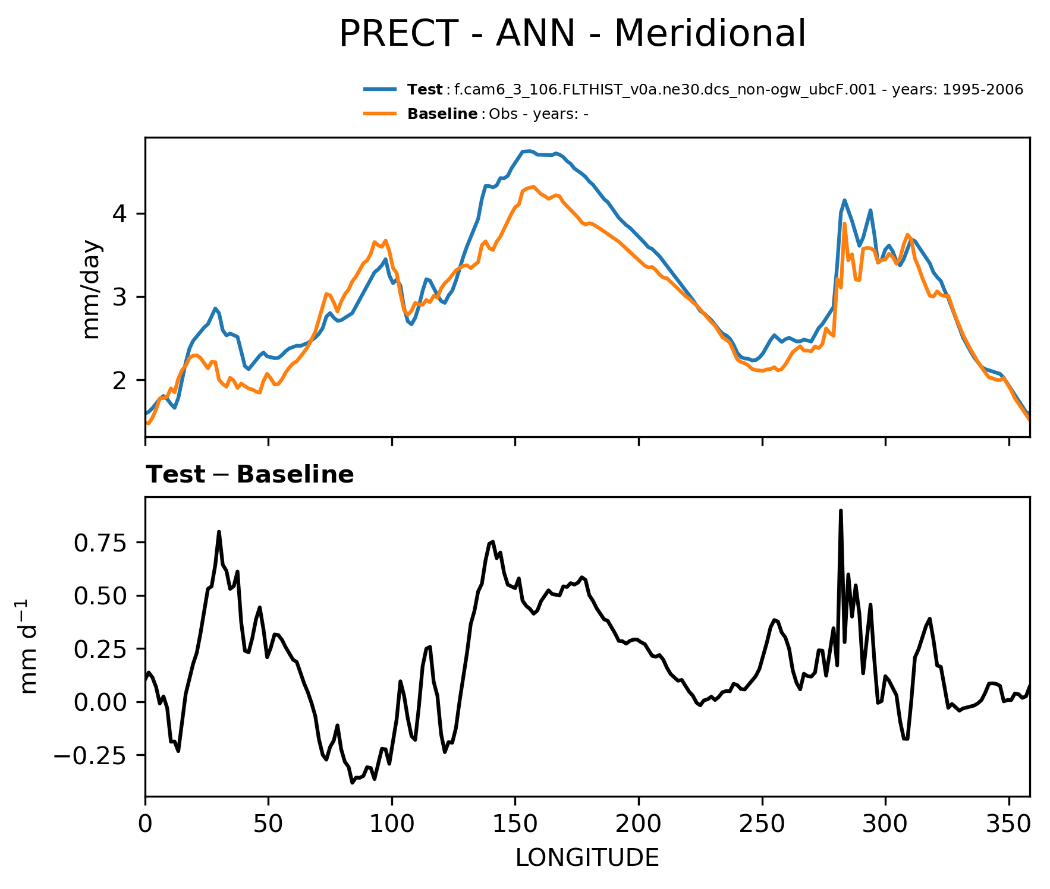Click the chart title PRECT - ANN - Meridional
(572, 34)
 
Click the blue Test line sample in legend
(380, 90)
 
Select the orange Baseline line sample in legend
(380, 114)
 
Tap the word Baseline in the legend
(442, 114)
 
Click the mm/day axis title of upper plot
(91, 289)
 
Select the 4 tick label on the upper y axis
(120, 214)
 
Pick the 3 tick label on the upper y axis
(120, 297)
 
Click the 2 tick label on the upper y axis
(120, 380)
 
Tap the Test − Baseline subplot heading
(250, 475)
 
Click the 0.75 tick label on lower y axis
(100, 543)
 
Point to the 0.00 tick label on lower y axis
(100, 703)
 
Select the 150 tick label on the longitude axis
(515, 825)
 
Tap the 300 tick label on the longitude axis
(885, 825)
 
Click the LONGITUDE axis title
(587, 858)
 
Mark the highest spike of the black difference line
(841, 510)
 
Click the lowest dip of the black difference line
(352, 783)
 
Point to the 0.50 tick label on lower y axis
(100, 596)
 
